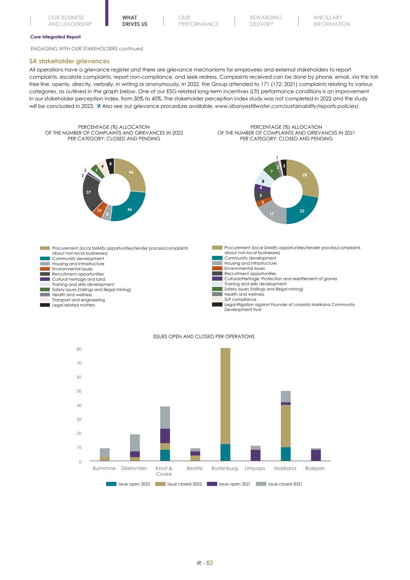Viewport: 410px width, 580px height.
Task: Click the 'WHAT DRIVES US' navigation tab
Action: coord(135,21)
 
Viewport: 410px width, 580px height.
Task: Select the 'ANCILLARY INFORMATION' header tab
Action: coord(331,21)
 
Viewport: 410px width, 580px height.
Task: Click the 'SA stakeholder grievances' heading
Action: coord(69,61)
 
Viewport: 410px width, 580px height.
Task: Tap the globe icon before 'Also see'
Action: coord(98,106)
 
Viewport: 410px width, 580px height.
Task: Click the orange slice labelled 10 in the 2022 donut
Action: coord(99,211)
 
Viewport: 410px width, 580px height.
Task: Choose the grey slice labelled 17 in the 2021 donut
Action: coord(272,213)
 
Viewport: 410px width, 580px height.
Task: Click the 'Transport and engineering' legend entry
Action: coord(78,300)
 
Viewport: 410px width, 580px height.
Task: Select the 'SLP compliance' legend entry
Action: coord(240,299)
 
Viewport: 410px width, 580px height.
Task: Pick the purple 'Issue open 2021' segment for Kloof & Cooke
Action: coord(165,436)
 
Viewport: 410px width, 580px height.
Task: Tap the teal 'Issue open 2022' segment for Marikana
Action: coord(286,454)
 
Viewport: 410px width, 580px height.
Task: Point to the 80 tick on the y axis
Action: coord(79,349)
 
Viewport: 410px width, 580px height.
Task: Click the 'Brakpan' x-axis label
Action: coord(314,468)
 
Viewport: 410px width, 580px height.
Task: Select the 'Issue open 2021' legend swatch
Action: coord(212,484)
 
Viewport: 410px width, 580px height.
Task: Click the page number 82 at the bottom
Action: coord(209,563)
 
